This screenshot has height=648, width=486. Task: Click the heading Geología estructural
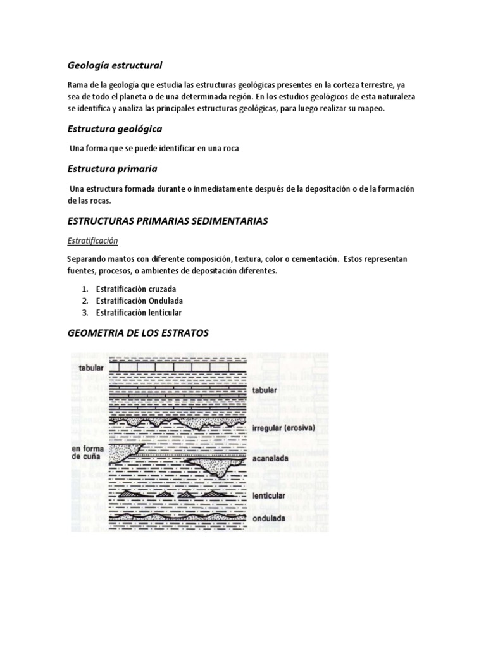(115, 65)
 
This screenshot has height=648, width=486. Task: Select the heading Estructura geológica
(115, 129)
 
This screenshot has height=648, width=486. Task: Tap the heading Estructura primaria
(112, 169)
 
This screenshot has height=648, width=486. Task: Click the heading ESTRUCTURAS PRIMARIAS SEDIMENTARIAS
(167, 221)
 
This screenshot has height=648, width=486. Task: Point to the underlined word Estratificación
(92, 241)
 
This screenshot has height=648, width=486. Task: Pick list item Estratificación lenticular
(139, 313)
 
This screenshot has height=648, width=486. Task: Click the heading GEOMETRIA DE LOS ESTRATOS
(137, 333)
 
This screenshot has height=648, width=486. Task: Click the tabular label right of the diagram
(265, 392)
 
